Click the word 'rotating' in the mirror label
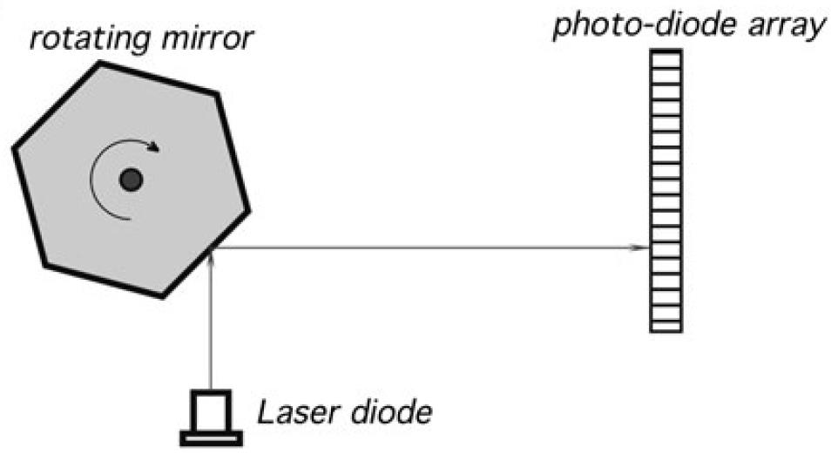coord(72,37)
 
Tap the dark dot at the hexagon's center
coord(131,180)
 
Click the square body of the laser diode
coord(211,410)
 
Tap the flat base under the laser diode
coord(211,437)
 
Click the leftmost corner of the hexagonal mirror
coord(13,149)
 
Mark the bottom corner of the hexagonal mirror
coord(162,297)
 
